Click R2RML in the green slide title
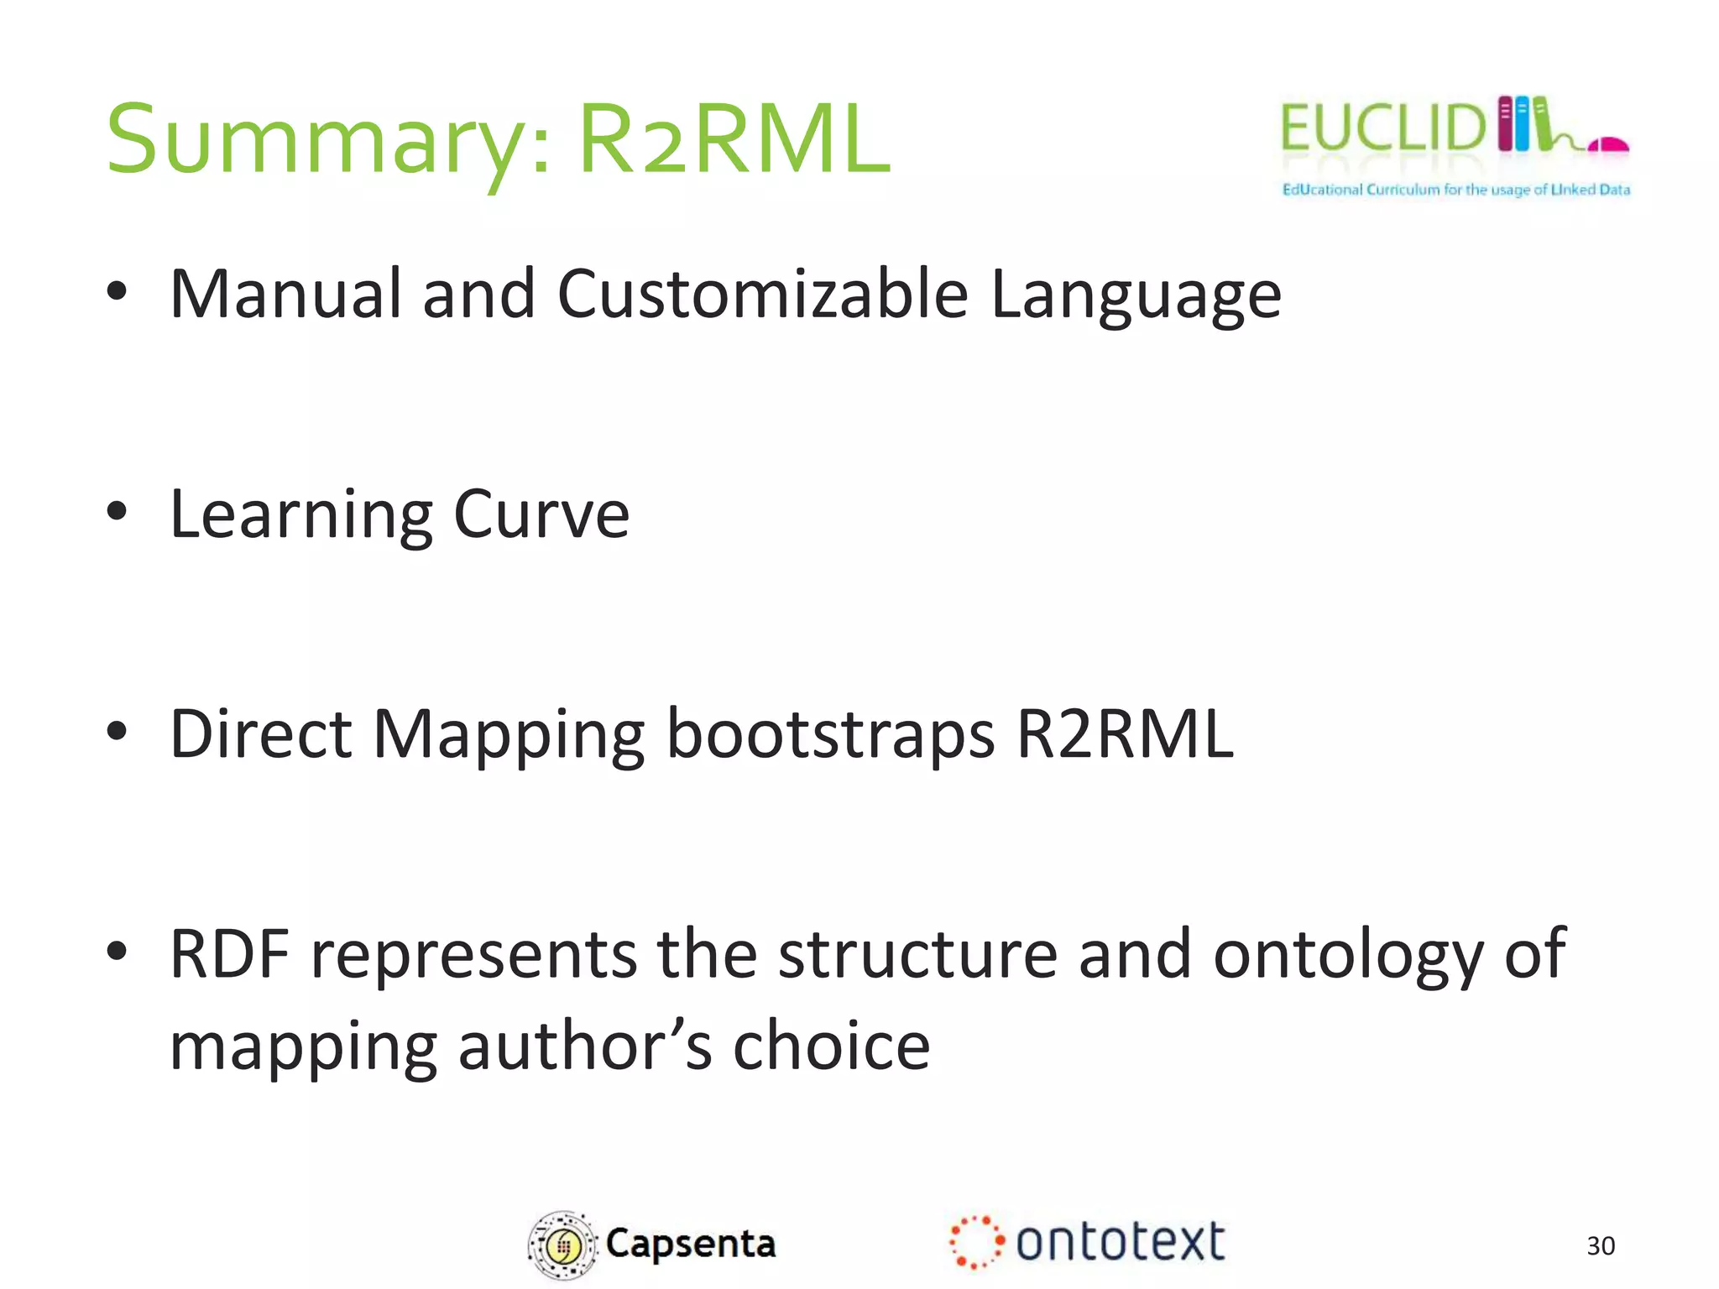tap(734, 138)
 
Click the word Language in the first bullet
tap(1136, 295)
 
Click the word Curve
tap(541, 514)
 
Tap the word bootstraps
tap(830, 735)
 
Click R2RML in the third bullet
tap(1125, 734)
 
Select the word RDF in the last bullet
tap(229, 954)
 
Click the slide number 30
tap(1601, 1246)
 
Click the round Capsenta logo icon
tap(562, 1245)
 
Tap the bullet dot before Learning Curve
tap(117, 511)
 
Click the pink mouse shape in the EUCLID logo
tap(1607, 144)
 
